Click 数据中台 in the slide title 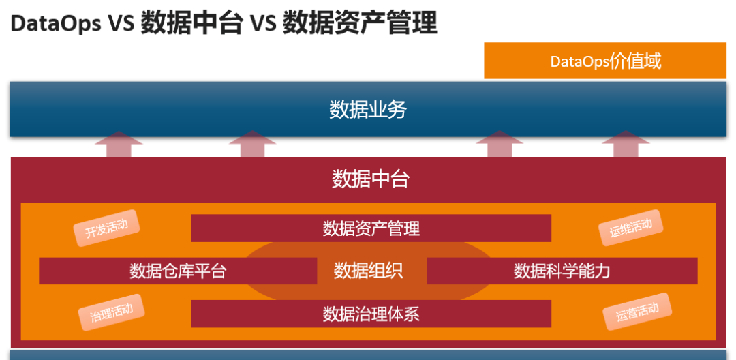[x=191, y=24]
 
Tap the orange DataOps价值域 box [x=605, y=61]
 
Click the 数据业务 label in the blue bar [x=368, y=109]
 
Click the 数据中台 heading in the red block [x=370, y=179]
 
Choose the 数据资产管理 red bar [x=371, y=228]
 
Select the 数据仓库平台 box [x=177, y=271]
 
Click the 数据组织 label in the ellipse [x=368, y=271]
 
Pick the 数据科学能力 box [x=562, y=271]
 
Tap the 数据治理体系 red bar [x=371, y=314]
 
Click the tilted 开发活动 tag [x=106, y=228]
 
